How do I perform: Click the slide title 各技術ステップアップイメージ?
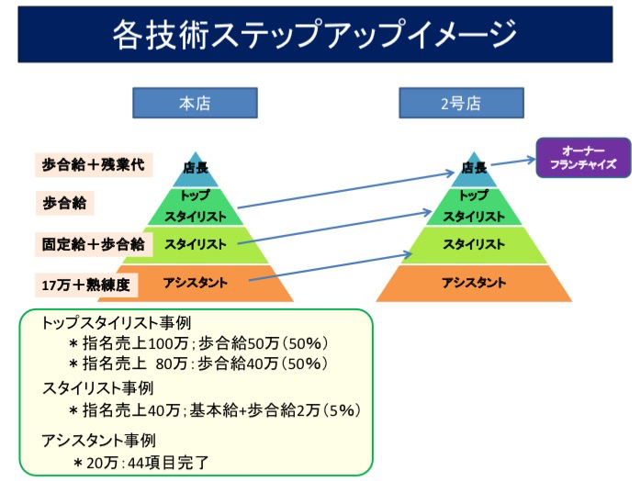(x=314, y=35)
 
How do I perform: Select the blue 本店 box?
(x=195, y=103)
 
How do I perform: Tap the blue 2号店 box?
(x=461, y=103)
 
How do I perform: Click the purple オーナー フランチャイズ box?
(x=583, y=158)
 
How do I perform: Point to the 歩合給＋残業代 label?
(x=94, y=164)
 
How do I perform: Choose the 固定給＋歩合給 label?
(x=94, y=244)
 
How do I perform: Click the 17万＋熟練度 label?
(x=86, y=285)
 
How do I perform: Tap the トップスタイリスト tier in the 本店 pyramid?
(x=196, y=207)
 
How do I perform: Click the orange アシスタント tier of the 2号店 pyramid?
(x=474, y=284)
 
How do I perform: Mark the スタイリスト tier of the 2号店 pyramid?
(x=474, y=245)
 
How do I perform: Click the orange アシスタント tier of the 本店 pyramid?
(x=196, y=284)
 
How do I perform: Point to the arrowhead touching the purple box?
(x=532, y=160)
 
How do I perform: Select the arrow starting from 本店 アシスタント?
(x=331, y=267)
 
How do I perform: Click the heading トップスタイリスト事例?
(x=117, y=323)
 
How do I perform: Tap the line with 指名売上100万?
(x=199, y=343)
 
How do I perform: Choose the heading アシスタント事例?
(x=99, y=441)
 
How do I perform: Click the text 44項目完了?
(x=168, y=463)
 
